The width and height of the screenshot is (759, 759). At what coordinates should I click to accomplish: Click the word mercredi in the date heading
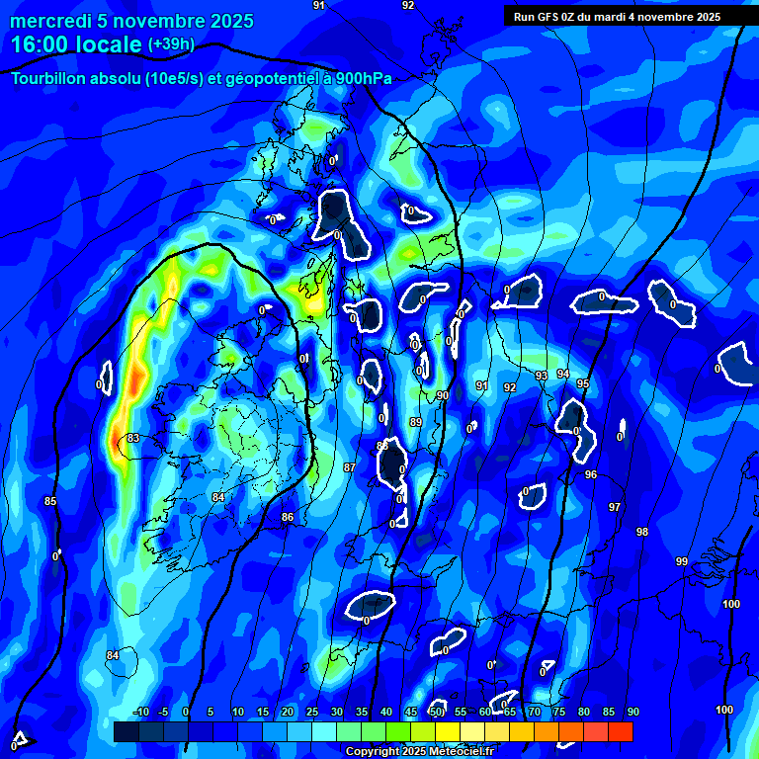[x=49, y=21]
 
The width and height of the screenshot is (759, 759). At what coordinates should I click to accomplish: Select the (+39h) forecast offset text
[x=171, y=44]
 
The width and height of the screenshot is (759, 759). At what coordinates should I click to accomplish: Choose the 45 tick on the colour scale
[x=411, y=712]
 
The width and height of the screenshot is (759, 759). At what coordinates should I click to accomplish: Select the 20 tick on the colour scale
[x=288, y=712]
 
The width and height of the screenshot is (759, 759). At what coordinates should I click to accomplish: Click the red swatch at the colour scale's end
[x=621, y=731]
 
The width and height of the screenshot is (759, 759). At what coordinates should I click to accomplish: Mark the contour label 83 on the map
[x=133, y=438]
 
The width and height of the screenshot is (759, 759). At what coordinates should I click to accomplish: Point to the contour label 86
[x=288, y=517]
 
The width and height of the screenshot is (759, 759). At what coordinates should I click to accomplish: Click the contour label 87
[x=350, y=466]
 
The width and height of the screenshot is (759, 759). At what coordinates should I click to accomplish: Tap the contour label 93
[x=542, y=377]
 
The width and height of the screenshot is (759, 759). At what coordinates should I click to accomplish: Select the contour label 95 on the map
[x=583, y=383]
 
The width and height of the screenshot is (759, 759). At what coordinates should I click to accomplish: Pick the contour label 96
[x=591, y=474]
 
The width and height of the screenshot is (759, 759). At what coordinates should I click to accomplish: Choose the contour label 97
[x=615, y=507]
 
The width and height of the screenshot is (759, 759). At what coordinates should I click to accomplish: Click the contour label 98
[x=642, y=532]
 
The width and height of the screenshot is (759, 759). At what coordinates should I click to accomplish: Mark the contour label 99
[x=682, y=561]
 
